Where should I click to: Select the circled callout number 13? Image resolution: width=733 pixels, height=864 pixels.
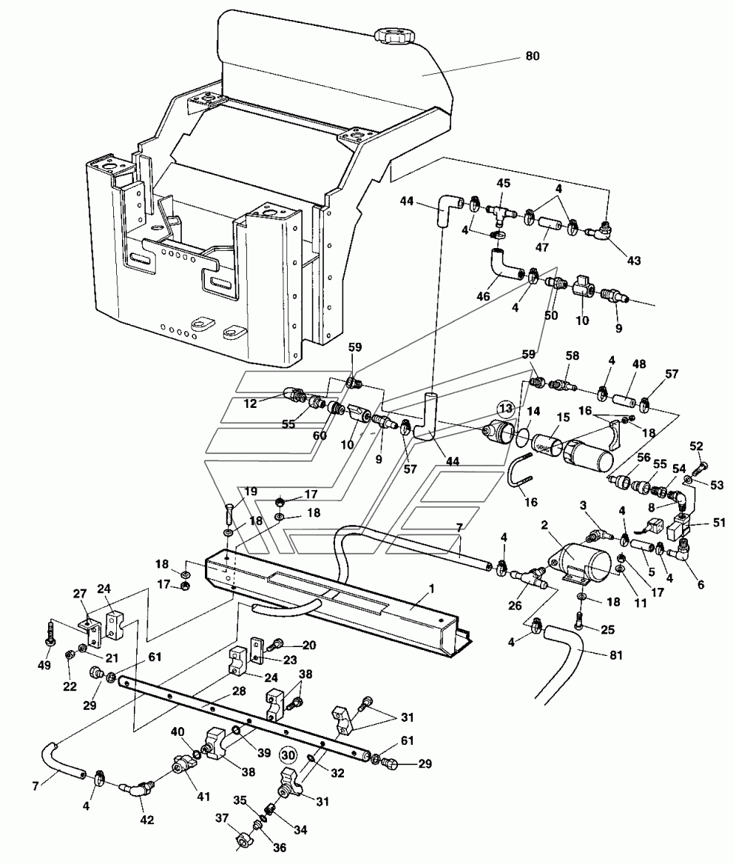[504, 407]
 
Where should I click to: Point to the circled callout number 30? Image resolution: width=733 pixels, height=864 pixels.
[288, 756]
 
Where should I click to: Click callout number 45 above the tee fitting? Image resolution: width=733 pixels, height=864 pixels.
[503, 183]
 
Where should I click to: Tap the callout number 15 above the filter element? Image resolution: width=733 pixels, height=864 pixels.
[564, 418]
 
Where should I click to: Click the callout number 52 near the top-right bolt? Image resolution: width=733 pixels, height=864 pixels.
[696, 446]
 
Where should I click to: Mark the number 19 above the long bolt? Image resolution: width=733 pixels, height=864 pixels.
[251, 490]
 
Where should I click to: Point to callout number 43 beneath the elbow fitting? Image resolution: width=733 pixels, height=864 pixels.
[634, 261]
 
